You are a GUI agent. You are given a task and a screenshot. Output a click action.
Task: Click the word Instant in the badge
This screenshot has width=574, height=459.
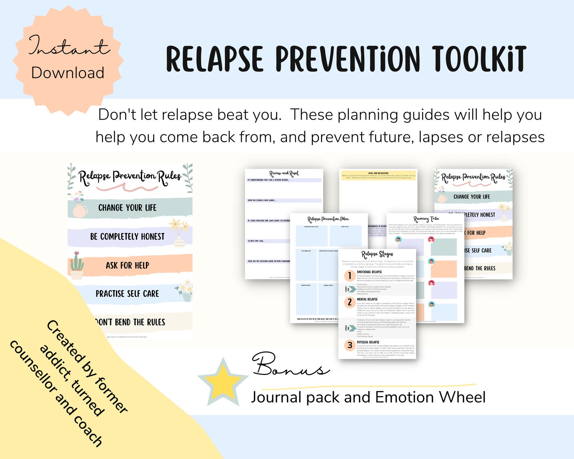(x=69, y=46)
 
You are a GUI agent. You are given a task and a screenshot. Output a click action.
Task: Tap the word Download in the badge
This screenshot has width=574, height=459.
(x=68, y=73)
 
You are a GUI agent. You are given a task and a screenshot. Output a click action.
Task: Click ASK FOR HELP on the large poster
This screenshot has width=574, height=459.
(x=127, y=265)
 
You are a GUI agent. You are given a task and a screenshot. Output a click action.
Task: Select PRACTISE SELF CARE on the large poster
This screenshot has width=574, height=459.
(x=127, y=293)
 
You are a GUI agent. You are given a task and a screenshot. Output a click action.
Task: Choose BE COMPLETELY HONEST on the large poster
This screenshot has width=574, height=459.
(x=127, y=236)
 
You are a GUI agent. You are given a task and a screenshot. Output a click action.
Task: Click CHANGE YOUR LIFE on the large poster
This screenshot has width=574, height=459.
(x=127, y=208)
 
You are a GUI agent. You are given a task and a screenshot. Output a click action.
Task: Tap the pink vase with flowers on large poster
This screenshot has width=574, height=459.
(x=79, y=207)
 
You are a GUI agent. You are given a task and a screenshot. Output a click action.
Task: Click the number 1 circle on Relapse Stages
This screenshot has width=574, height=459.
(x=350, y=276)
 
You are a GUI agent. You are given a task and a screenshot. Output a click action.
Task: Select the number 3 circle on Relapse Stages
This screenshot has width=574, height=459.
(x=350, y=345)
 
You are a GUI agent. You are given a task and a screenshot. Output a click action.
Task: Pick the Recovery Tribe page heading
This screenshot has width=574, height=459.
(x=426, y=219)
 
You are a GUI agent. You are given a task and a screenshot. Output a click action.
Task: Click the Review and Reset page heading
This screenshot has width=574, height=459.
(x=284, y=173)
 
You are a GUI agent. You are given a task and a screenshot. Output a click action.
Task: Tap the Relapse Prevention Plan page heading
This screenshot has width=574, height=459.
(x=328, y=219)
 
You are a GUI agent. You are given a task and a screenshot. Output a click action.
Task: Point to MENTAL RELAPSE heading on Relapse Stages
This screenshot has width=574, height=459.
(x=367, y=299)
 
